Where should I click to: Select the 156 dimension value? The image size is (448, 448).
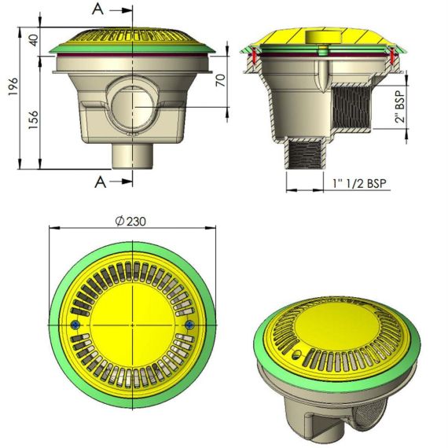pyautogui.click(x=34, y=119)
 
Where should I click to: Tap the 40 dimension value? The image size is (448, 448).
pyautogui.click(x=34, y=40)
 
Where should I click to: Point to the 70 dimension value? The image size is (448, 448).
pyautogui.click(x=221, y=80)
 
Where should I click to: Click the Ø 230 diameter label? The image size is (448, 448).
pyautogui.click(x=130, y=221)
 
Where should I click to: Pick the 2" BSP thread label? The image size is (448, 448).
pyautogui.click(x=401, y=107)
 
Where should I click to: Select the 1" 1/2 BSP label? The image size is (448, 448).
pyautogui.click(x=359, y=183)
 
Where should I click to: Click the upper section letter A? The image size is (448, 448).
pyautogui.click(x=98, y=9)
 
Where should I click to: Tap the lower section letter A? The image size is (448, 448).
pyautogui.click(x=101, y=182)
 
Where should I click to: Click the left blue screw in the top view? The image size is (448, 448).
pyautogui.click(x=75, y=325)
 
